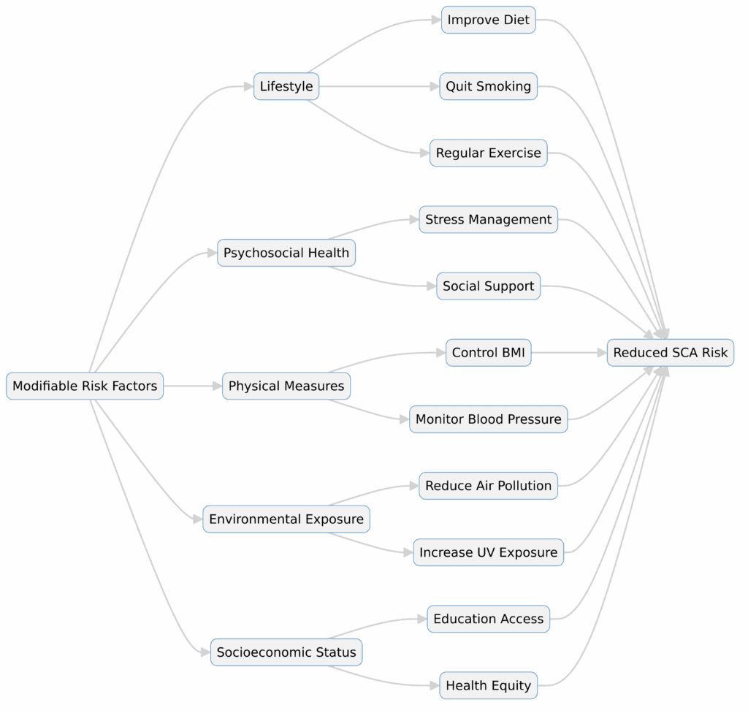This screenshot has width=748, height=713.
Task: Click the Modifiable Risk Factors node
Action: (x=85, y=386)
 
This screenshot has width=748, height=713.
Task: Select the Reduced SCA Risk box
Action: (x=670, y=353)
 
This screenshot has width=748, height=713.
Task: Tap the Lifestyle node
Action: (x=286, y=86)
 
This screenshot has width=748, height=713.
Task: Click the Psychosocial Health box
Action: (x=286, y=253)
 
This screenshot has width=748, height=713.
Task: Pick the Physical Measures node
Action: (x=286, y=386)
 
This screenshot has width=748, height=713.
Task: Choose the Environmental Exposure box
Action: (x=286, y=519)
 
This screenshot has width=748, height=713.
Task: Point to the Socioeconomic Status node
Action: (x=286, y=652)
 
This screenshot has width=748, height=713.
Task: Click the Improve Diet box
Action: (x=489, y=20)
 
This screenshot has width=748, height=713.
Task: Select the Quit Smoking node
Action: (x=489, y=86)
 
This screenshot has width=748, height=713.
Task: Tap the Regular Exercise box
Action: (x=489, y=153)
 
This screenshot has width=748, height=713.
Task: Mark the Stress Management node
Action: (x=489, y=219)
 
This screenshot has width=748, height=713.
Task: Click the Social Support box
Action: (x=489, y=286)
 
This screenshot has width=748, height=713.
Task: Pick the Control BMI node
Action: (x=489, y=353)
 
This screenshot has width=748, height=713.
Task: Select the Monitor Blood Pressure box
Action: (x=489, y=419)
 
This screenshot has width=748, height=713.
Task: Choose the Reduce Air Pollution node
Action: (x=489, y=486)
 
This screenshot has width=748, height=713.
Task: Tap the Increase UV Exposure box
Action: (x=489, y=552)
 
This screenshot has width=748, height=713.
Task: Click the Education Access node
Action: (x=489, y=619)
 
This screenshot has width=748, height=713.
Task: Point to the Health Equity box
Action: (x=489, y=686)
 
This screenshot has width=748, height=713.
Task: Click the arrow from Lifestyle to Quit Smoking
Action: (x=380, y=86)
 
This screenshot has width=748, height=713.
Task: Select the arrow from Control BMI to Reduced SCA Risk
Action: (x=570, y=353)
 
